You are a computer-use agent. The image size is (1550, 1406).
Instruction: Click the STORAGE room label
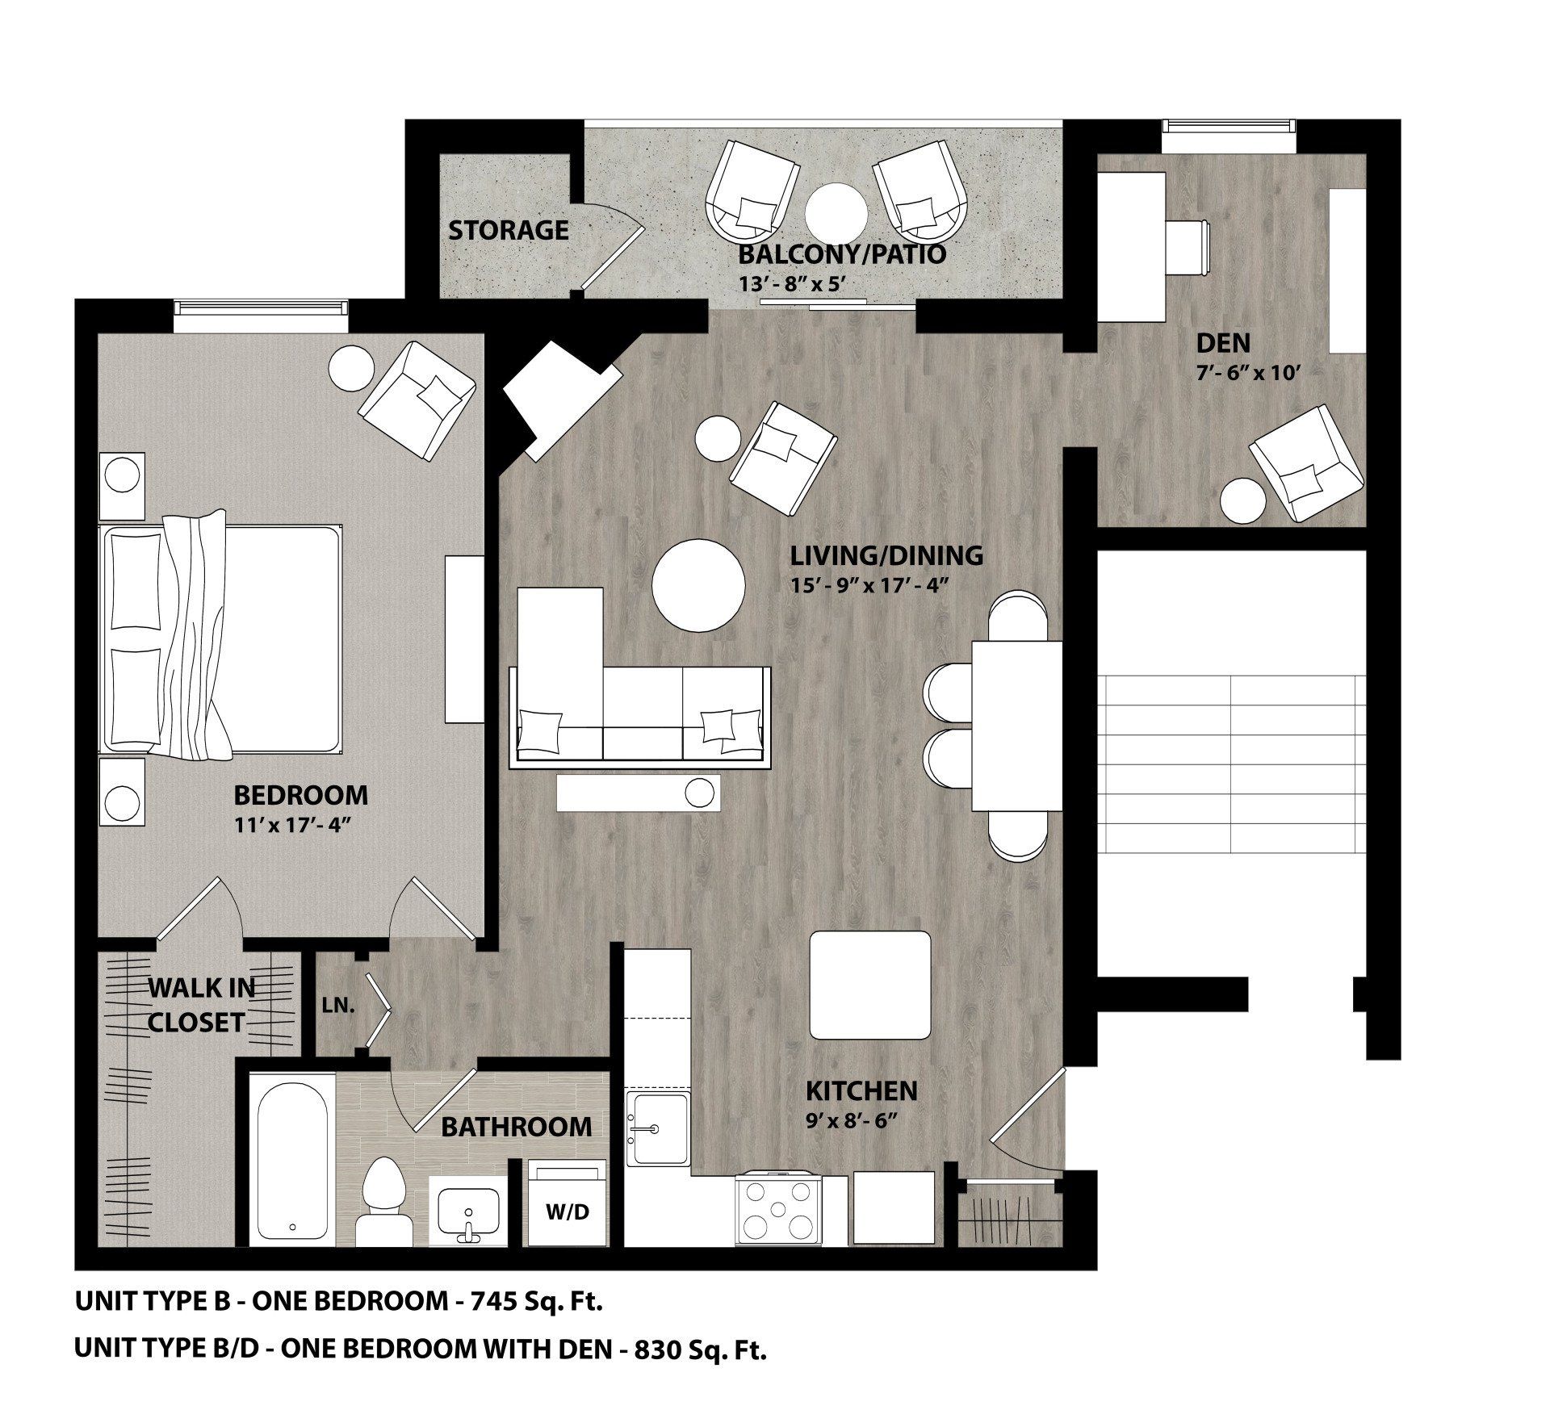tap(508, 230)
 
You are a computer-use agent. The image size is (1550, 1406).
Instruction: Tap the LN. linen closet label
tap(338, 1006)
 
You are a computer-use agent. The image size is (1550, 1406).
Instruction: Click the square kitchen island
tap(870, 985)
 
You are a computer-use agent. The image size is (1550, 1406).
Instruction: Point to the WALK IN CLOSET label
tap(198, 1005)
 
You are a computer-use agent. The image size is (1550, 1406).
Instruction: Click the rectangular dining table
tap(1016, 724)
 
